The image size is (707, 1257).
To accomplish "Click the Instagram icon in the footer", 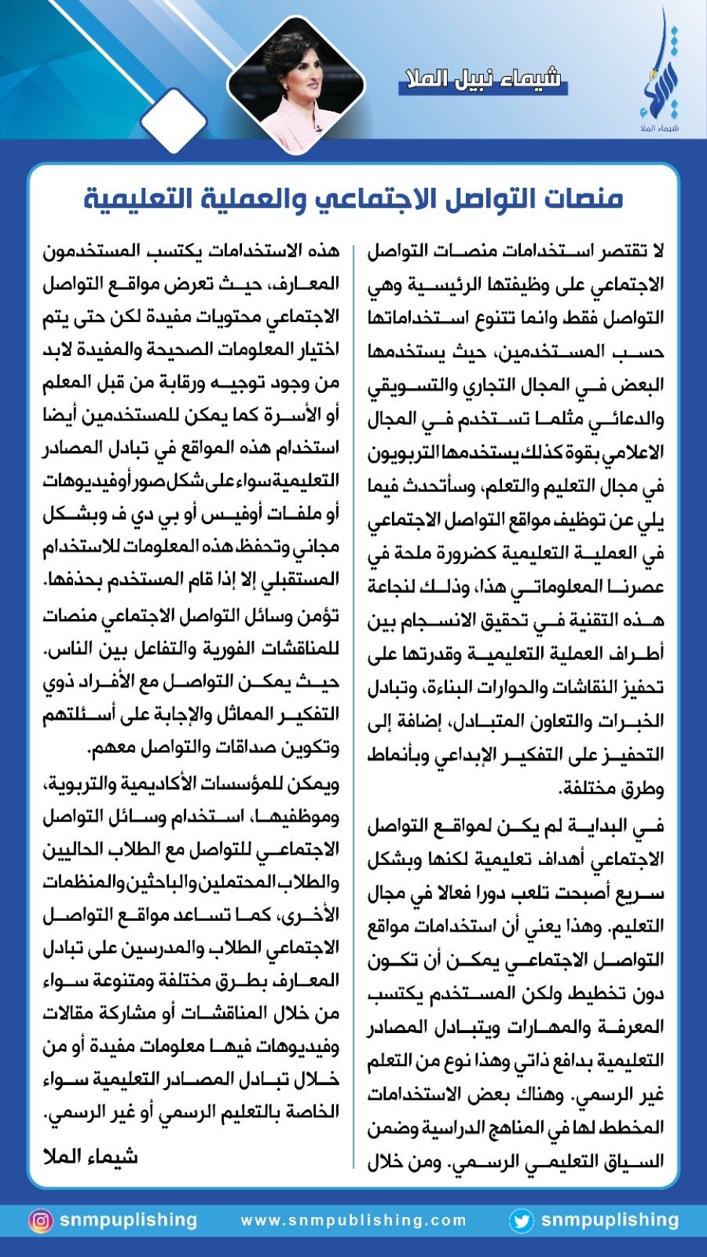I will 40,1221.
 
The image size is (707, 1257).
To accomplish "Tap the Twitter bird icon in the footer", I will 521,1221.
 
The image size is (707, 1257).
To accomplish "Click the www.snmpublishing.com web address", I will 353,1221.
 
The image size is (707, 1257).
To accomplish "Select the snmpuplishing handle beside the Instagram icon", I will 128,1220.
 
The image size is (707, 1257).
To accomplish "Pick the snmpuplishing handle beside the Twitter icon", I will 610,1220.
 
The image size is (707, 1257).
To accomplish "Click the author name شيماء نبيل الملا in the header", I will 482,79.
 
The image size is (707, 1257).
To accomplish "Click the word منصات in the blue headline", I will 583,198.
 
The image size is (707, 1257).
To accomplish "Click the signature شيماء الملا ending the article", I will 90,1156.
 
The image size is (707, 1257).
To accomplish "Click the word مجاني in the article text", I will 316,548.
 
